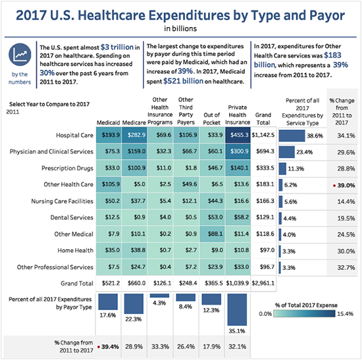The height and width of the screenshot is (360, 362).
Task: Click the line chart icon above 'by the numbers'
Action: click(19, 55)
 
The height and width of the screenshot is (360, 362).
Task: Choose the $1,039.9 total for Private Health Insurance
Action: click(239, 282)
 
